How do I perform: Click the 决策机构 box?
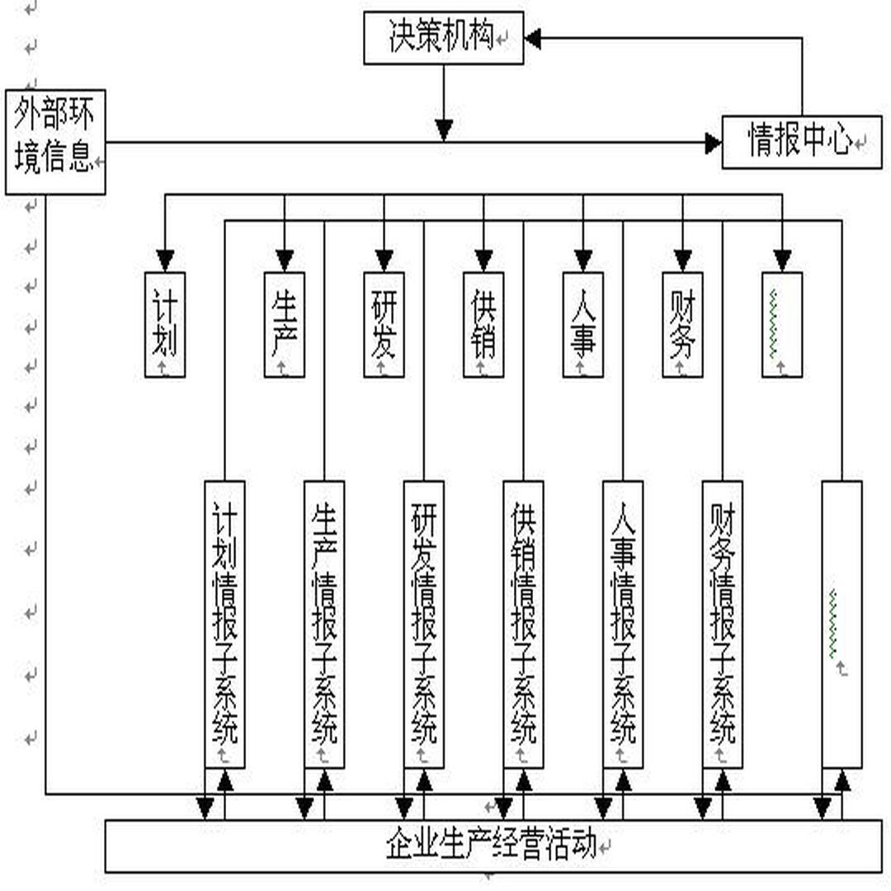tap(444, 38)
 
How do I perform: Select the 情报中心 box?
tap(801, 142)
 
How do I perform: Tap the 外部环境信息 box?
tap(55, 142)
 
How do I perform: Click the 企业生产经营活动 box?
tap(493, 845)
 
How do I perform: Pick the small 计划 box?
tap(165, 324)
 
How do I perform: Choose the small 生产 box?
tap(285, 324)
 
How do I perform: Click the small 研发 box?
tap(384, 324)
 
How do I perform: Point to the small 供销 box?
tap(483, 324)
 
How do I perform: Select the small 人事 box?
tap(582, 324)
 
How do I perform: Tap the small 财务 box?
tap(682, 324)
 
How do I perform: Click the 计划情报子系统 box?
tap(224, 624)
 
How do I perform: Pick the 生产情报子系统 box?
tap(324, 624)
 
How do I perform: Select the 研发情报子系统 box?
tap(424, 624)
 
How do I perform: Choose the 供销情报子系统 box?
tap(523, 624)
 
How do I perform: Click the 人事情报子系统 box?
tap(623, 624)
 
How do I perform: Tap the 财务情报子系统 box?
tap(722, 624)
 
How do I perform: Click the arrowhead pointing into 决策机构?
tap(533, 38)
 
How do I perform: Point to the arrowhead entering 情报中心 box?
tap(713, 143)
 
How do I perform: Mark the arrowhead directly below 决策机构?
tap(444, 130)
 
